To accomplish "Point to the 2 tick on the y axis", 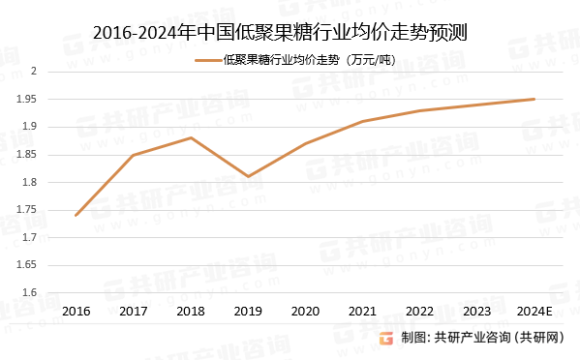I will pyautogui.click(x=33, y=72).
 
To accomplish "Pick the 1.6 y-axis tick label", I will pyautogui.click(x=29, y=293).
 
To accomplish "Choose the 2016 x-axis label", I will pyautogui.click(x=76, y=312).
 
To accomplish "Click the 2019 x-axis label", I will pyautogui.click(x=248, y=312).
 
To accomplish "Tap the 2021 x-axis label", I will pyautogui.click(x=362, y=312).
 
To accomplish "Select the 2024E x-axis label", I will pyautogui.click(x=534, y=312).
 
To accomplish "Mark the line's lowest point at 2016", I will pyautogui.click(x=76, y=215).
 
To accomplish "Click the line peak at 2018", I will pyautogui.click(x=191, y=137).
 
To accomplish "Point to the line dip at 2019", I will pyautogui.click(x=248, y=176).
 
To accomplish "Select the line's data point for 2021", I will pyautogui.click(x=362, y=121).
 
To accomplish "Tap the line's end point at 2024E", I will pyautogui.click(x=534, y=99).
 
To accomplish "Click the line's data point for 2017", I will pyautogui.click(x=133, y=155).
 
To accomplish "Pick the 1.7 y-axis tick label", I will pyautogui.click(x=29, y=238).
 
